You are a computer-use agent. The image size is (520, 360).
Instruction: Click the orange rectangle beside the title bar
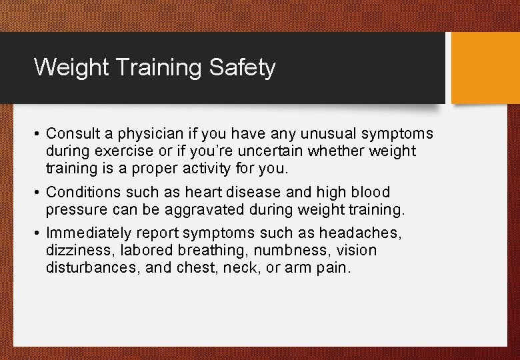[x=485, y=68]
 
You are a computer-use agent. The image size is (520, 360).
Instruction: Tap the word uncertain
[x=267, y=151]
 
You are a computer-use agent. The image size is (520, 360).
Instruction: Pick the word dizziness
[x=77, y=251]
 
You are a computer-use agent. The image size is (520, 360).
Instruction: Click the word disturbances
[x=91, y=267]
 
